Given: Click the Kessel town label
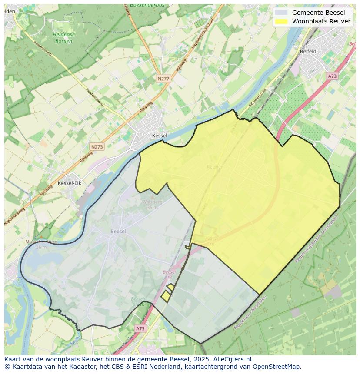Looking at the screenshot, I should (x=160, y=136).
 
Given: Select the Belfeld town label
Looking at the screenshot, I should (x=308, y=51).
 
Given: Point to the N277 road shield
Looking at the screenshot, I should (x=163, y=79).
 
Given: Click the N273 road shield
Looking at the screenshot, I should (x=97, y=147).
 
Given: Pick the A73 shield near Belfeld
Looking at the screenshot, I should (x=332, y=76).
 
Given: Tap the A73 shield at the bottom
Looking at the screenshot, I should (x=140, y=329).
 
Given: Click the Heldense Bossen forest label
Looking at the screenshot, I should (x=63, y=38).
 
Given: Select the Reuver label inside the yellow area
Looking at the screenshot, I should (x=214, y=167).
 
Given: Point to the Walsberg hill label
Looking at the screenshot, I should (x=152, y=202).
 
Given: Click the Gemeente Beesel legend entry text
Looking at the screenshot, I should (x=318, y=13).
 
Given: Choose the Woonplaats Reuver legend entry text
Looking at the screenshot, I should (x=321, y=21).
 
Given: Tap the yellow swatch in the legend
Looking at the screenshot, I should (x=282, y=21).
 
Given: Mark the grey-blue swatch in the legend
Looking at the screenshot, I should (x=282, y=13).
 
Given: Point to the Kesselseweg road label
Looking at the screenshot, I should (x=42, y=49).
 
